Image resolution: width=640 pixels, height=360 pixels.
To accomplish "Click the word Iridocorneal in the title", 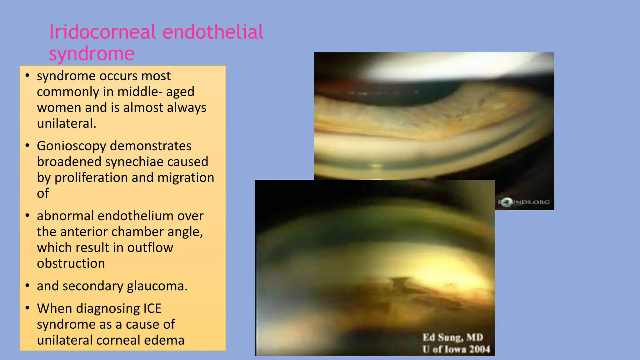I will point(103,32).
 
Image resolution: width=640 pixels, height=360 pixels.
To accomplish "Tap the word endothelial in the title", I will point(213,32).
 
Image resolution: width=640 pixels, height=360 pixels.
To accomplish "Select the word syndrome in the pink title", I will point(92,54).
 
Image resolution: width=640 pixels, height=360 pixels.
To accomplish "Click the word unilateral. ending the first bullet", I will point(66,123).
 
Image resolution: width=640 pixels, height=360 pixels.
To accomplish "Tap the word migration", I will point(186,178).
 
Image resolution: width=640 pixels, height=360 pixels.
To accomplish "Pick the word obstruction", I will point(71,263).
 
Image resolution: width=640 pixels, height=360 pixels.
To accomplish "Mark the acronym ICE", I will point(152,309).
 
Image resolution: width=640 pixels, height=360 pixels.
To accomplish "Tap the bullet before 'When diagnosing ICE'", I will point(27,308).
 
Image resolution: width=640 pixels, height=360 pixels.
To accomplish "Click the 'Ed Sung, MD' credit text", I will point(453,337).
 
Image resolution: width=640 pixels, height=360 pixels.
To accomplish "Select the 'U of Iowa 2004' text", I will point(456,349).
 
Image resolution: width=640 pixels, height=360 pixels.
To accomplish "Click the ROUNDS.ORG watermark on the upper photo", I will point(524,202).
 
